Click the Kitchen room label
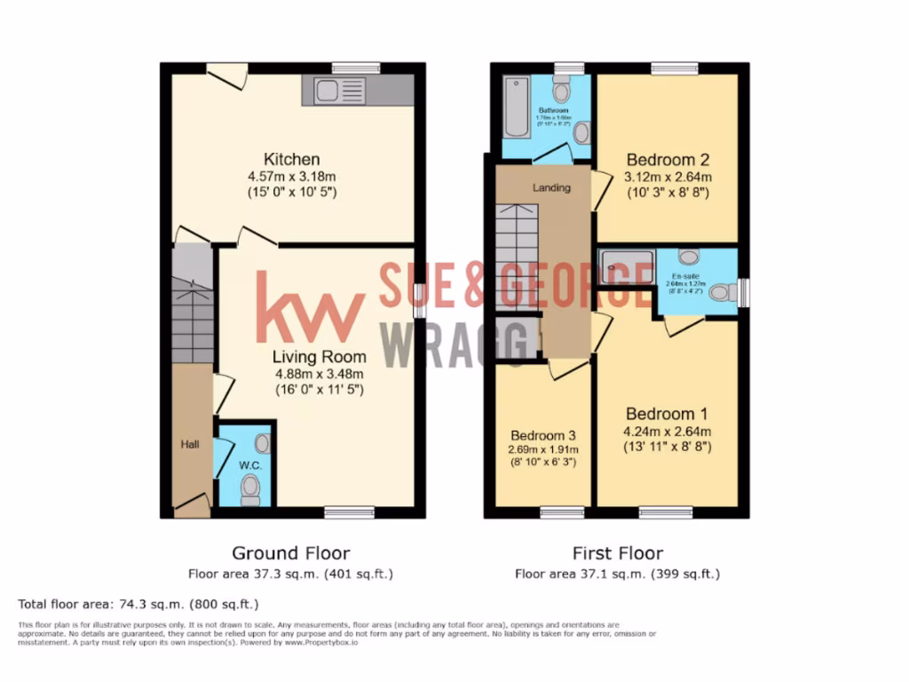[293, 160]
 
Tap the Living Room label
[319, 357]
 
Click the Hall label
[191, 444]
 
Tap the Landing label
[551, 188]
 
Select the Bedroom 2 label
[668, 161]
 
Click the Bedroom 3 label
[543, 436]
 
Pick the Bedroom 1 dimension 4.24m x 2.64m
[668, 432]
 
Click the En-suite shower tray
[626, 265]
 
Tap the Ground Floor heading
[290, 553]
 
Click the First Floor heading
[618, 553]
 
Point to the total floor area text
[138, 605]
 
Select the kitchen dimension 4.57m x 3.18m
[293, 177]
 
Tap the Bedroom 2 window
[674, 68]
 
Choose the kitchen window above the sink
[356, 67]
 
